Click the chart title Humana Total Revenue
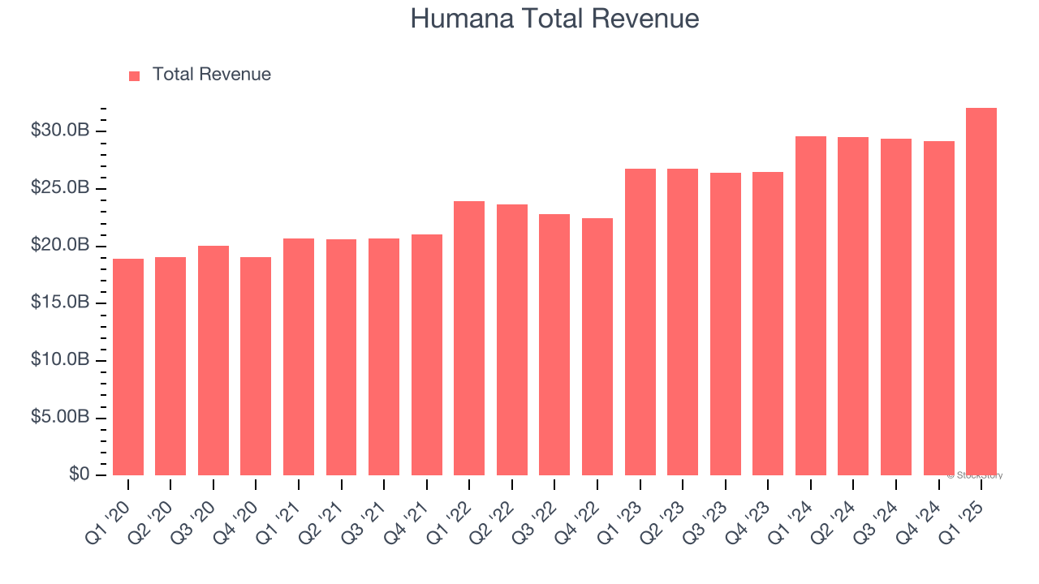click(554, 18)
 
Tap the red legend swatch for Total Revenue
click(135, 75)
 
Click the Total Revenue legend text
click(211, 75)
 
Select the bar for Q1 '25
click(981, 292)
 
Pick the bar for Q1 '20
click(128, 367)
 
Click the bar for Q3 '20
click(213, 360)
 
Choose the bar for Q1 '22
click(469, 338)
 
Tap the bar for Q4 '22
click(597, 346)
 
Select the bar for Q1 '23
click(640, 322)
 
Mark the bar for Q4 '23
click(768, 324)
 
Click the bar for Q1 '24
click(811, 306)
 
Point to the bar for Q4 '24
click(938, 308)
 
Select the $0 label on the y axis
click(80, 474)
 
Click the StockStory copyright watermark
click(975, 475)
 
